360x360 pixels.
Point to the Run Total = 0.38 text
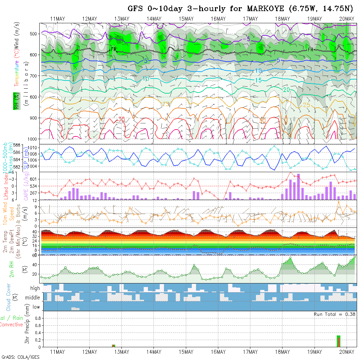334,314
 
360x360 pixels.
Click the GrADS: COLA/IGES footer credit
20,357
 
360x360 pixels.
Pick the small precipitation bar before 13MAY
114,346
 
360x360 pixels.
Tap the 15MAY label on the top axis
186,19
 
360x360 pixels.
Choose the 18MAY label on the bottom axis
282,352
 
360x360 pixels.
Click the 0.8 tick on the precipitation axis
37,318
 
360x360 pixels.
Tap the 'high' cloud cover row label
35,288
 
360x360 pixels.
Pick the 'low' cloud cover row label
36,307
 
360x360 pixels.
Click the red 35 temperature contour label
121,119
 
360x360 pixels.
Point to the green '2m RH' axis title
12,269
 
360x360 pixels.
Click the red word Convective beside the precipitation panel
11,325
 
